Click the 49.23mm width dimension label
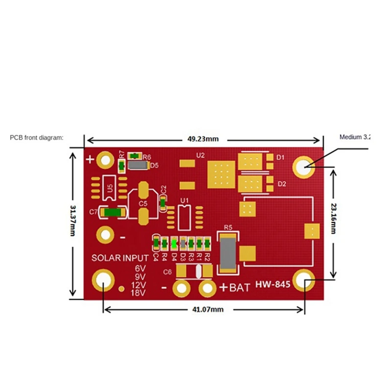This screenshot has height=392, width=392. tap(202, 139)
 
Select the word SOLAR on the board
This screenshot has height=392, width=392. tap(106, 258)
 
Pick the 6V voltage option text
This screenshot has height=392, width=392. tap(140, 269)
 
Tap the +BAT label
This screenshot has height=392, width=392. tap(234, 288)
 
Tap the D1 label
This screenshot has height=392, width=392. tap(281, 158)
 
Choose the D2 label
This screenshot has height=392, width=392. tap(282, 184)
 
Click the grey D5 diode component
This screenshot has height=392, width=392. tap(137, 166)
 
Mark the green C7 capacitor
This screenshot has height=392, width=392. tap(113, 212)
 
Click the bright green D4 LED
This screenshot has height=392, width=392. tap(174, 243)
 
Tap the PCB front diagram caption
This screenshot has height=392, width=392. tap(37, 138)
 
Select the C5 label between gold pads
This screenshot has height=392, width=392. tap(143, 202)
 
